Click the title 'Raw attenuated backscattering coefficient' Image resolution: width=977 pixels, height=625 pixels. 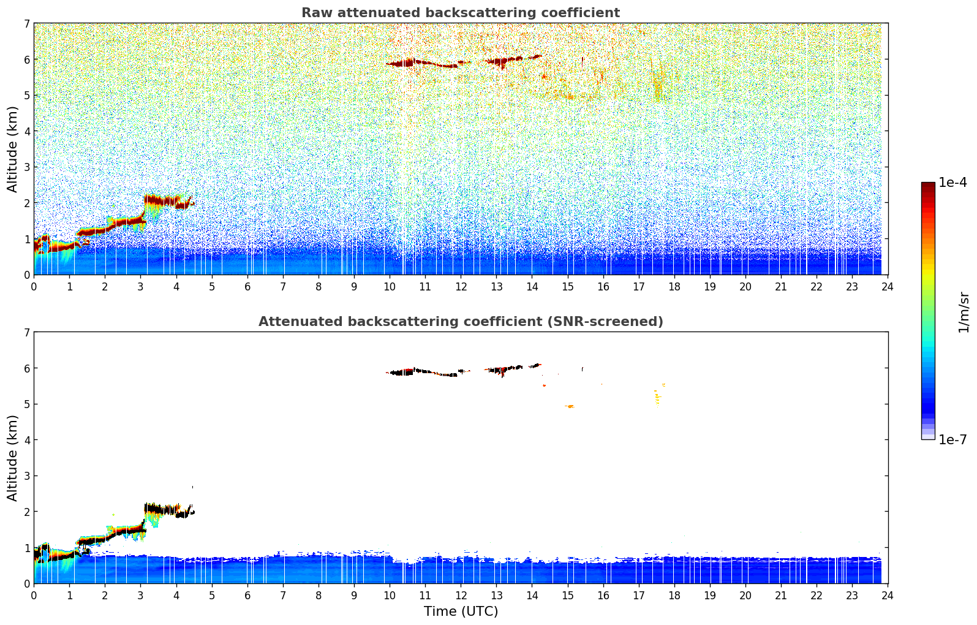(x=460, y=13)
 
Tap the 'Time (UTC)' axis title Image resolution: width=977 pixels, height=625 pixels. (x=461, y=612)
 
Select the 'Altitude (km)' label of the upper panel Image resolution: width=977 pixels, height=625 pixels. (x=12, y=149)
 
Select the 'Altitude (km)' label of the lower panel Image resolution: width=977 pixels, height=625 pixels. (x=12, y=458)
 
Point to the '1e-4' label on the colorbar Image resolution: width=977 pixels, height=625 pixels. (x=952, y=183)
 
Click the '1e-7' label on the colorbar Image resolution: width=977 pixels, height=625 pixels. (x=952, y=440)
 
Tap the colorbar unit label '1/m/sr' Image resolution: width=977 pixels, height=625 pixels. (x=964, y=312)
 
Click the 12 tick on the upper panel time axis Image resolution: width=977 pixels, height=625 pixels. (x=461, y=286)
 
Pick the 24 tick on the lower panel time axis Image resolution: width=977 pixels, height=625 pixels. (x=888, y=595)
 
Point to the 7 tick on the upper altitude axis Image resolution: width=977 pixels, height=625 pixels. (x=26, y=24)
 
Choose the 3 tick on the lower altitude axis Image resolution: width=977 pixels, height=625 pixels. (x=26, y=476)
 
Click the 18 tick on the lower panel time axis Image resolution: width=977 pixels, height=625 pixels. (x=674, y=595)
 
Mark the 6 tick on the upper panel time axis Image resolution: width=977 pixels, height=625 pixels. (x=247, y=286)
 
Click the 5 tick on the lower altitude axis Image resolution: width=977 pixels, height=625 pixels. (x=26, y=404)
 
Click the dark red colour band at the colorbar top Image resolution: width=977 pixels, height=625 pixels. (x=928, y=186)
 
